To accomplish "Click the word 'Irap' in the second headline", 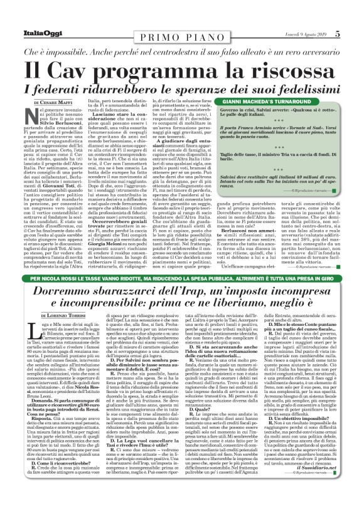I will tap(193, 276).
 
